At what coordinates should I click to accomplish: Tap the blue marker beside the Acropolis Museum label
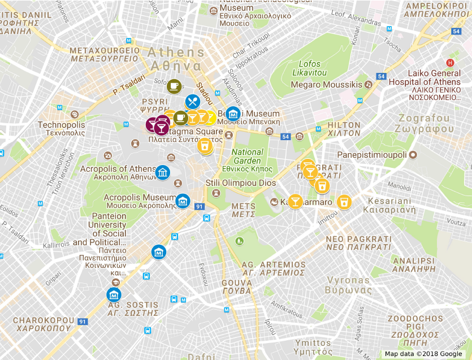(x=183, y=201)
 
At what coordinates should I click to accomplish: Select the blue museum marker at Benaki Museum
(x=233, y=114)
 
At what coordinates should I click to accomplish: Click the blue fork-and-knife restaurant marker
(x=192, y=101)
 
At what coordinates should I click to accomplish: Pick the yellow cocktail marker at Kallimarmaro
(x=295, y=201)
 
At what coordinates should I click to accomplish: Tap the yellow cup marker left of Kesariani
(x=343, y=202)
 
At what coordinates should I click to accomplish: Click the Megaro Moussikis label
(x=326, y=85)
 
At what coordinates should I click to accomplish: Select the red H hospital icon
(x=450, y=63)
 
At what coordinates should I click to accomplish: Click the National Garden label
(x=248, y=156)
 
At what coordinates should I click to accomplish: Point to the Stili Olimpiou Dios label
(x=240, y=183)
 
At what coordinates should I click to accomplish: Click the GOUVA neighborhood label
(x=237, y=287)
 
